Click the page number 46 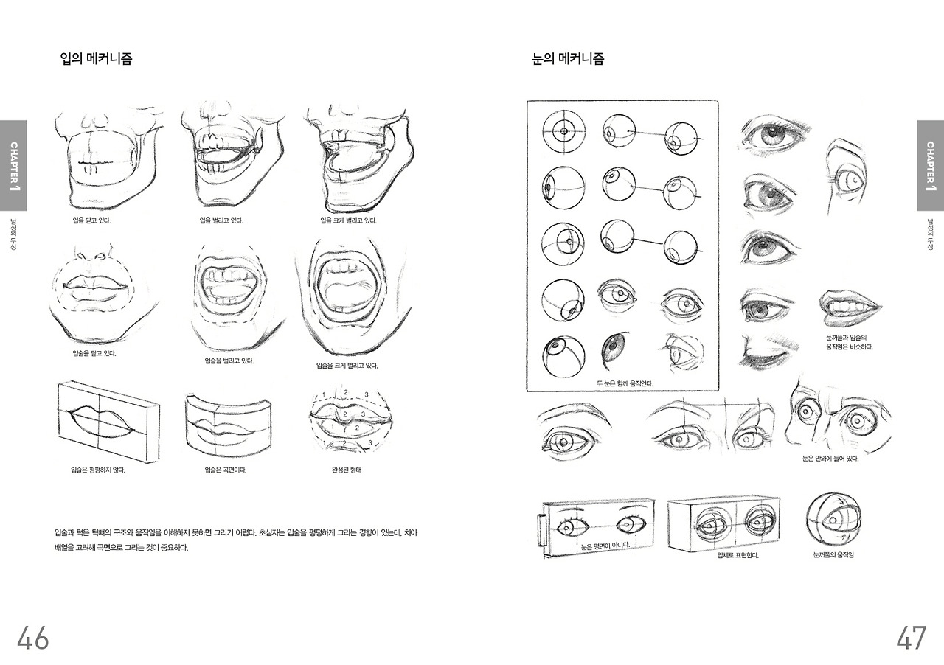coord(32,638)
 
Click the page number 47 coord(911,638)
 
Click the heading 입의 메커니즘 coord(96,59)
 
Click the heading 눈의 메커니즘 coord(568,59)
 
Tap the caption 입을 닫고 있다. coord(92,220)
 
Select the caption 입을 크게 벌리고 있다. coord(349,220)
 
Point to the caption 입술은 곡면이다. coord(225,470)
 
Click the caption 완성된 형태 coord(347,470)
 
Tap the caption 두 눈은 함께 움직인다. coord(625,383)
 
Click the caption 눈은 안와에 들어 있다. coord(830,459)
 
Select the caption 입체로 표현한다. coord(737,555)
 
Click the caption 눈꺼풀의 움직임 coord(833,554)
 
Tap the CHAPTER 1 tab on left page coord(13,165)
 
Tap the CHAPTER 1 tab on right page coord(930,165)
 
